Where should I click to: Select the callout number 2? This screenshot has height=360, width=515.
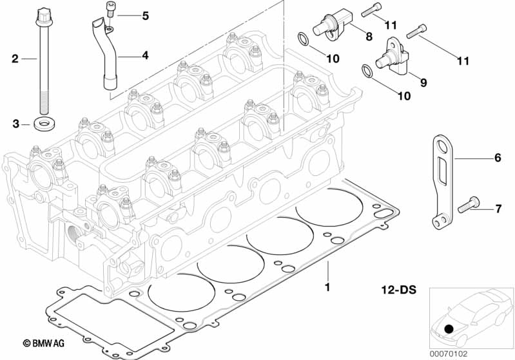[x=15, y=59]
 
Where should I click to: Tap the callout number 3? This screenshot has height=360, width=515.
[x=15, y=123]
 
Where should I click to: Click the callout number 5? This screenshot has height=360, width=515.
[x=145, y=15]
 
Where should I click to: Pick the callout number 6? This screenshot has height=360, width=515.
[x=497, y=157]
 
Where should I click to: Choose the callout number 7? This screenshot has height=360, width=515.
[x=497, y=208]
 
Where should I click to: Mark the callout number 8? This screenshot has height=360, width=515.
[x=369, y=37]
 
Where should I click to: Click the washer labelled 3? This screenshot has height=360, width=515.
[x=43, y=122]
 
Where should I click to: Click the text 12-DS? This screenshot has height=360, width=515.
[x=399, y=291]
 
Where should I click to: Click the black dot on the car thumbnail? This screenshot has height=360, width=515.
[x=449, y=329]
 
